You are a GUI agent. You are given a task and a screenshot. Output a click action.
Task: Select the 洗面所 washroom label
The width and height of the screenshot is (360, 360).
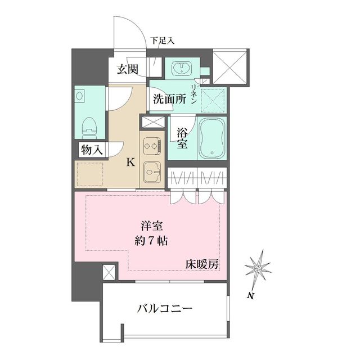(x=169, y=100)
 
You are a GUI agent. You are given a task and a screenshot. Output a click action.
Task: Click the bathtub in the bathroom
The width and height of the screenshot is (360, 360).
(x=211, y=139)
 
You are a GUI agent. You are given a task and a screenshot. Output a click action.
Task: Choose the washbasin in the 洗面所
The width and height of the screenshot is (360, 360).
(x=183, y=69)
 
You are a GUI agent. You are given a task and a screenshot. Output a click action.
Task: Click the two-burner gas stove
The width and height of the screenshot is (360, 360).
(x=151, y=146)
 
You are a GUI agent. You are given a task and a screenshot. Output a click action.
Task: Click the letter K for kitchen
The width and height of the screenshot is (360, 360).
(x=130, y=163)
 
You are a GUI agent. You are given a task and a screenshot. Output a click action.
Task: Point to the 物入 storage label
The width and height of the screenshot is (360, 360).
(x=92, y=150)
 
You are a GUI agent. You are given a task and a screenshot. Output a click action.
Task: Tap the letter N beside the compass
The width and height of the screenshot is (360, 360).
(x=249, y=295)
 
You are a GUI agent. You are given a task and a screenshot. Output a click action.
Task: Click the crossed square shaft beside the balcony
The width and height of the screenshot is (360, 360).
(x=109, y=273)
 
